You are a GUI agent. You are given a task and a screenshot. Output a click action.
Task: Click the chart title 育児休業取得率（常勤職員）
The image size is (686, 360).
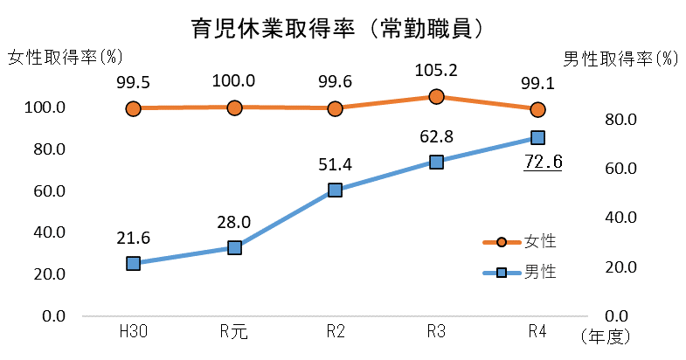click(x=339, y=28)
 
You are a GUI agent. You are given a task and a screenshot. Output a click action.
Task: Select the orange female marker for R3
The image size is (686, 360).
click(x=436, y=97)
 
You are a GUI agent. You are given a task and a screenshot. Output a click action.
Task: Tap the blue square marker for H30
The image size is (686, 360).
click(x=133, y=263)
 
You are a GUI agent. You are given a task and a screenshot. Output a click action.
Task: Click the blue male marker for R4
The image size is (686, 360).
click(x=537, y=138)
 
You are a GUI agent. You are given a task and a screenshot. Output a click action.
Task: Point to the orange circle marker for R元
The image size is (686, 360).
click(x=234, y=107)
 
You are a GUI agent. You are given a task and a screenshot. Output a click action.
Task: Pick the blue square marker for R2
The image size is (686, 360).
click(x=335, y=190)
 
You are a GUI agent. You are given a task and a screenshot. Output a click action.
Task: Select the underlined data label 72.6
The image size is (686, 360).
click(x=543, y=162)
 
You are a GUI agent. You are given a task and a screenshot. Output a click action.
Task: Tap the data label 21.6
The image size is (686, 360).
click(x=133, y=237)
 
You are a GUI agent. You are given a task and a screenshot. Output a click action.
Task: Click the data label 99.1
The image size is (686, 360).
click(x=537, y=81)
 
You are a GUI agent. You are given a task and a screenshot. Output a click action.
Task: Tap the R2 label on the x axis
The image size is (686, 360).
click(x=336, y=332)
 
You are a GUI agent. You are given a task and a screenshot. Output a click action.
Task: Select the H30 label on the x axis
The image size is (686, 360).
click(x=133, y=332)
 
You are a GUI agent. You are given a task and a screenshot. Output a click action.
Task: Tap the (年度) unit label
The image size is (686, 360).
click(x=606, y=336)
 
